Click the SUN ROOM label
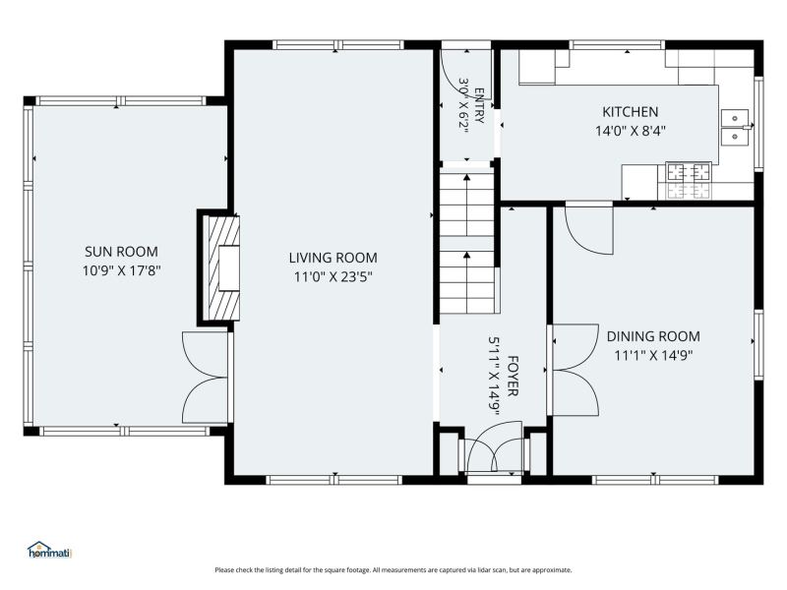pos(121,252)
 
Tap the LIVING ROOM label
pos(333,258)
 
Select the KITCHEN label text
pos(630,111)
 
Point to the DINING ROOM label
pos(653,336)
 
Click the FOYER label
pos(513,376)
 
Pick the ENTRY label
pos(479,105)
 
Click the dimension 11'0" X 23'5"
pos(333,276)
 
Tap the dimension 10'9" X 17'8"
pos(121,271)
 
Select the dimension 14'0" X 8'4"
pos(631,131)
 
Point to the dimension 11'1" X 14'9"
pos(653,355)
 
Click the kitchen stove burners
pos(688,172)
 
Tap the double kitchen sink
pos(734,127)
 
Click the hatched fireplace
pos(220,267)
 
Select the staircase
pos(467,243)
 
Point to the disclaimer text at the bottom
pos(393,570)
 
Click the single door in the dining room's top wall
pos(589,229)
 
